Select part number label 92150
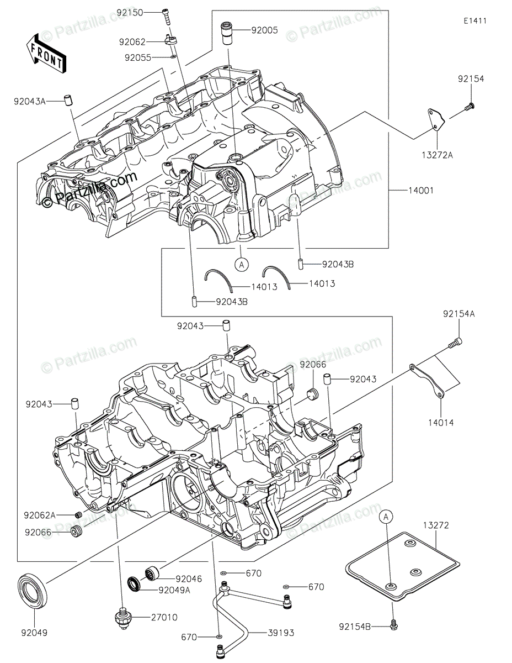[x=130, y=13]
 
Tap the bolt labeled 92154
[x=470, y=107]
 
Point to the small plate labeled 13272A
[x=436, y=120]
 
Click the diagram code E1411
[x=475, y=21]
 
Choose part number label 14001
[x=420, y=190]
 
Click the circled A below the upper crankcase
[x=242, y=265]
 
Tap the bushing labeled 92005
[x=227, y=33]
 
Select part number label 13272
[x=436, y=525]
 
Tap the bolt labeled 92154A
[x=455, y=343]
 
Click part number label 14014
[x=441, y=423]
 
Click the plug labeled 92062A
[x=78, y=515]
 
